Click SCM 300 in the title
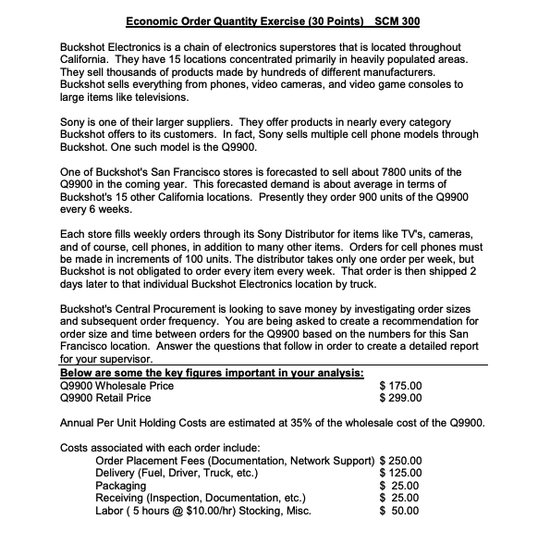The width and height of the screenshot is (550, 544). point(395,20)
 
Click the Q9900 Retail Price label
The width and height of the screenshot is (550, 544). point(104,399)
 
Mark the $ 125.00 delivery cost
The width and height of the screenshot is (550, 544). point(402,472)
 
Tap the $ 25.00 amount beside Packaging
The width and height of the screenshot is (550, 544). point(405,485)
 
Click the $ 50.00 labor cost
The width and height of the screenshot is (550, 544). point(405,509)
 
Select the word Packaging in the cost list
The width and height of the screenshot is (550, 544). point(121,485)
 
